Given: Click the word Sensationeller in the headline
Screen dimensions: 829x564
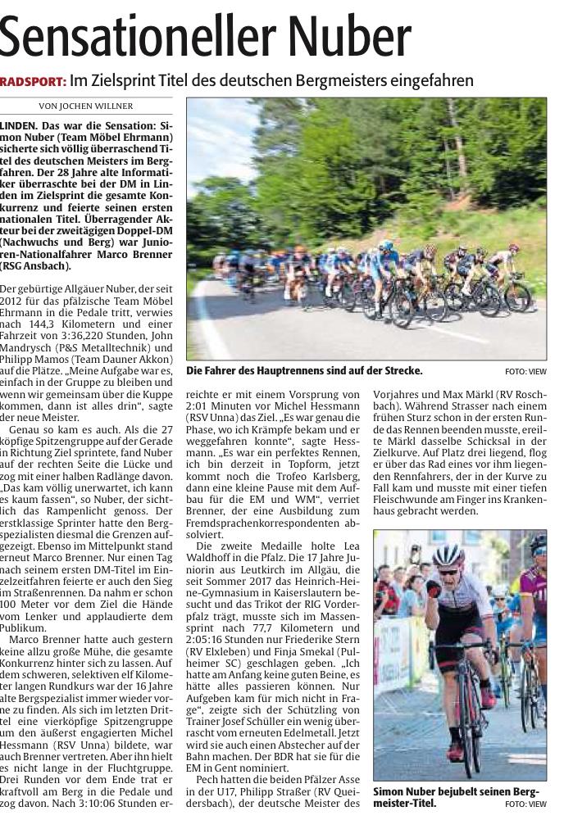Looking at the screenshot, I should pyautogui.click(x=127, y=38).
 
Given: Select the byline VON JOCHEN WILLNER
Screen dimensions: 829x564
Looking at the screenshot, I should pyautogui.click(x=85, y=106).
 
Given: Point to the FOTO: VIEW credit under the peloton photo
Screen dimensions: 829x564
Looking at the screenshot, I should pyautogui.click(x=525, y=371).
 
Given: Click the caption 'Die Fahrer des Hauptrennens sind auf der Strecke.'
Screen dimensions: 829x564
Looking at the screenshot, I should pyautogui.click(x=304, y=371).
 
